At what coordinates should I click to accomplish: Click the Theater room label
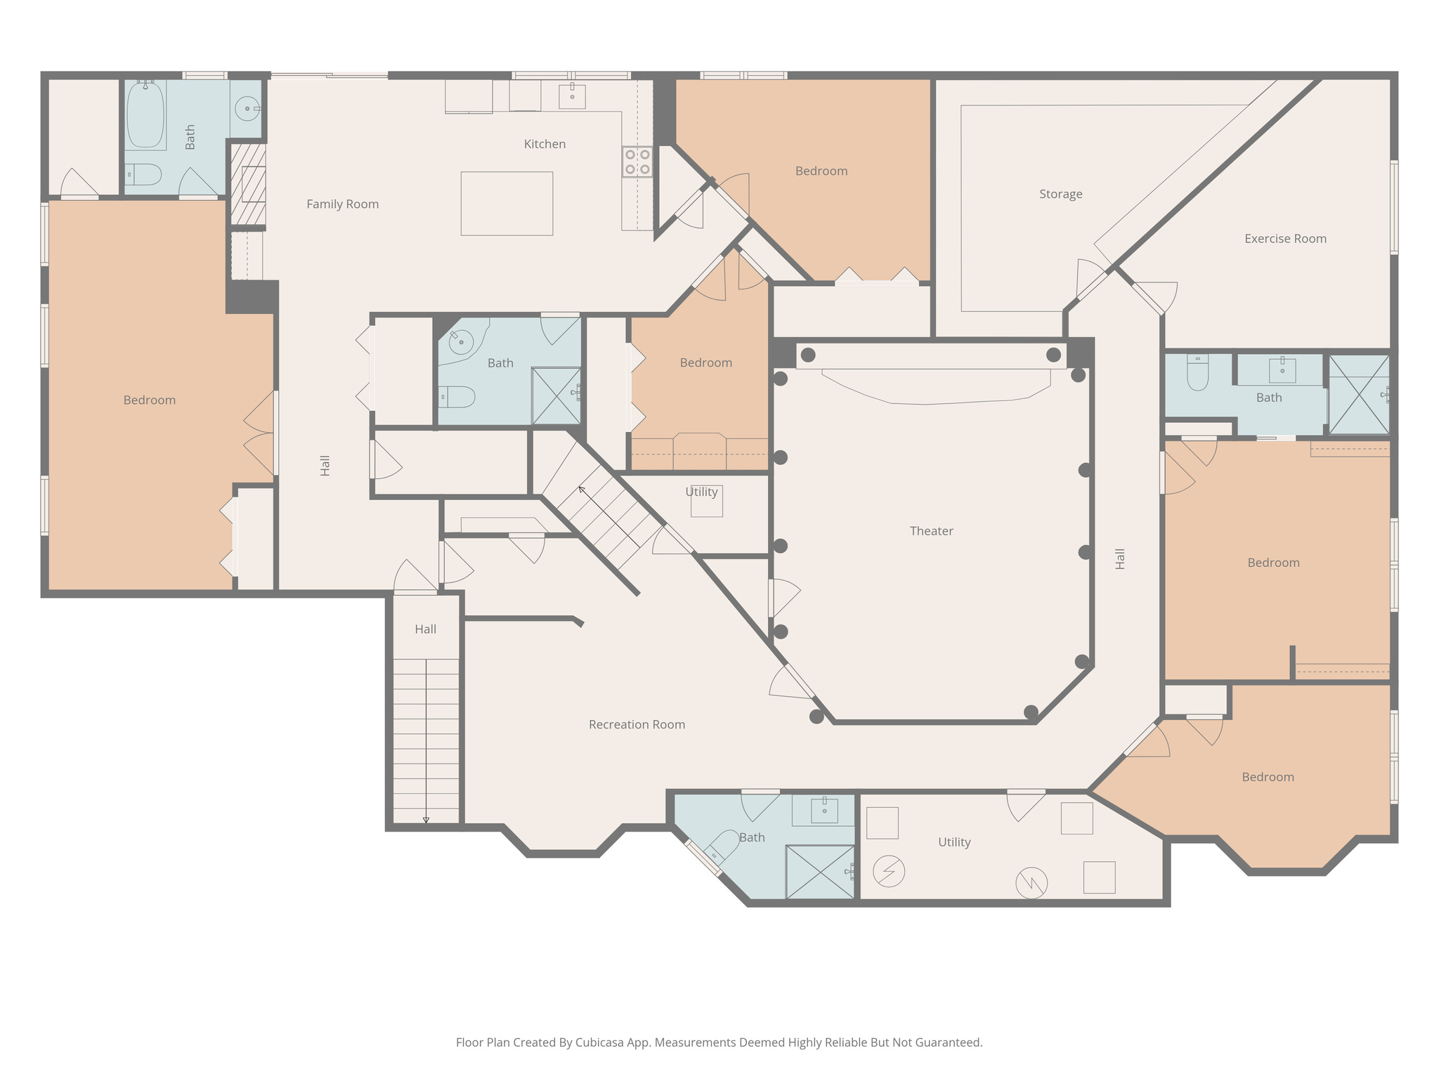coord(931,531)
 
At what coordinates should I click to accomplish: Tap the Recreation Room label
coord(637,724)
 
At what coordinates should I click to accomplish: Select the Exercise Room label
coord(1285,239)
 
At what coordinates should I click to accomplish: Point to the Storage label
coord(1060,194)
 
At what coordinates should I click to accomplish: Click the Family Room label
coord(342,204)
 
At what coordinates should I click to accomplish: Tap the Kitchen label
coord(545,144)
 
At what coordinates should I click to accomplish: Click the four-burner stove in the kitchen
coord(637,162)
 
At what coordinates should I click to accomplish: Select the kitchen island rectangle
coord(507,204)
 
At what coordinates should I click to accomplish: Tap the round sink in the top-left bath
coord(247,109)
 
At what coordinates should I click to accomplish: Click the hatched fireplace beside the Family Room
coord(249,184)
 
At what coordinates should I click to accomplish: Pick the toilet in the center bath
coord(457,397)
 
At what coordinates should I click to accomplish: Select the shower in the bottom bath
coord(819,872)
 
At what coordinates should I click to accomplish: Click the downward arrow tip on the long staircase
coord(426,820)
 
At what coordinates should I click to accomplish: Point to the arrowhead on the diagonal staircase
coord(581,489)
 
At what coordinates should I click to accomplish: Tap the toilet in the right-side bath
coord(1197,374)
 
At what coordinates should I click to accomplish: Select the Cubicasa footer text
coord(719,1042)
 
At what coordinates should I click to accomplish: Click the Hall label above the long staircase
coord(425,629)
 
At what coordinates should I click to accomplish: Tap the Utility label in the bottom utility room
coord(954,842)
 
